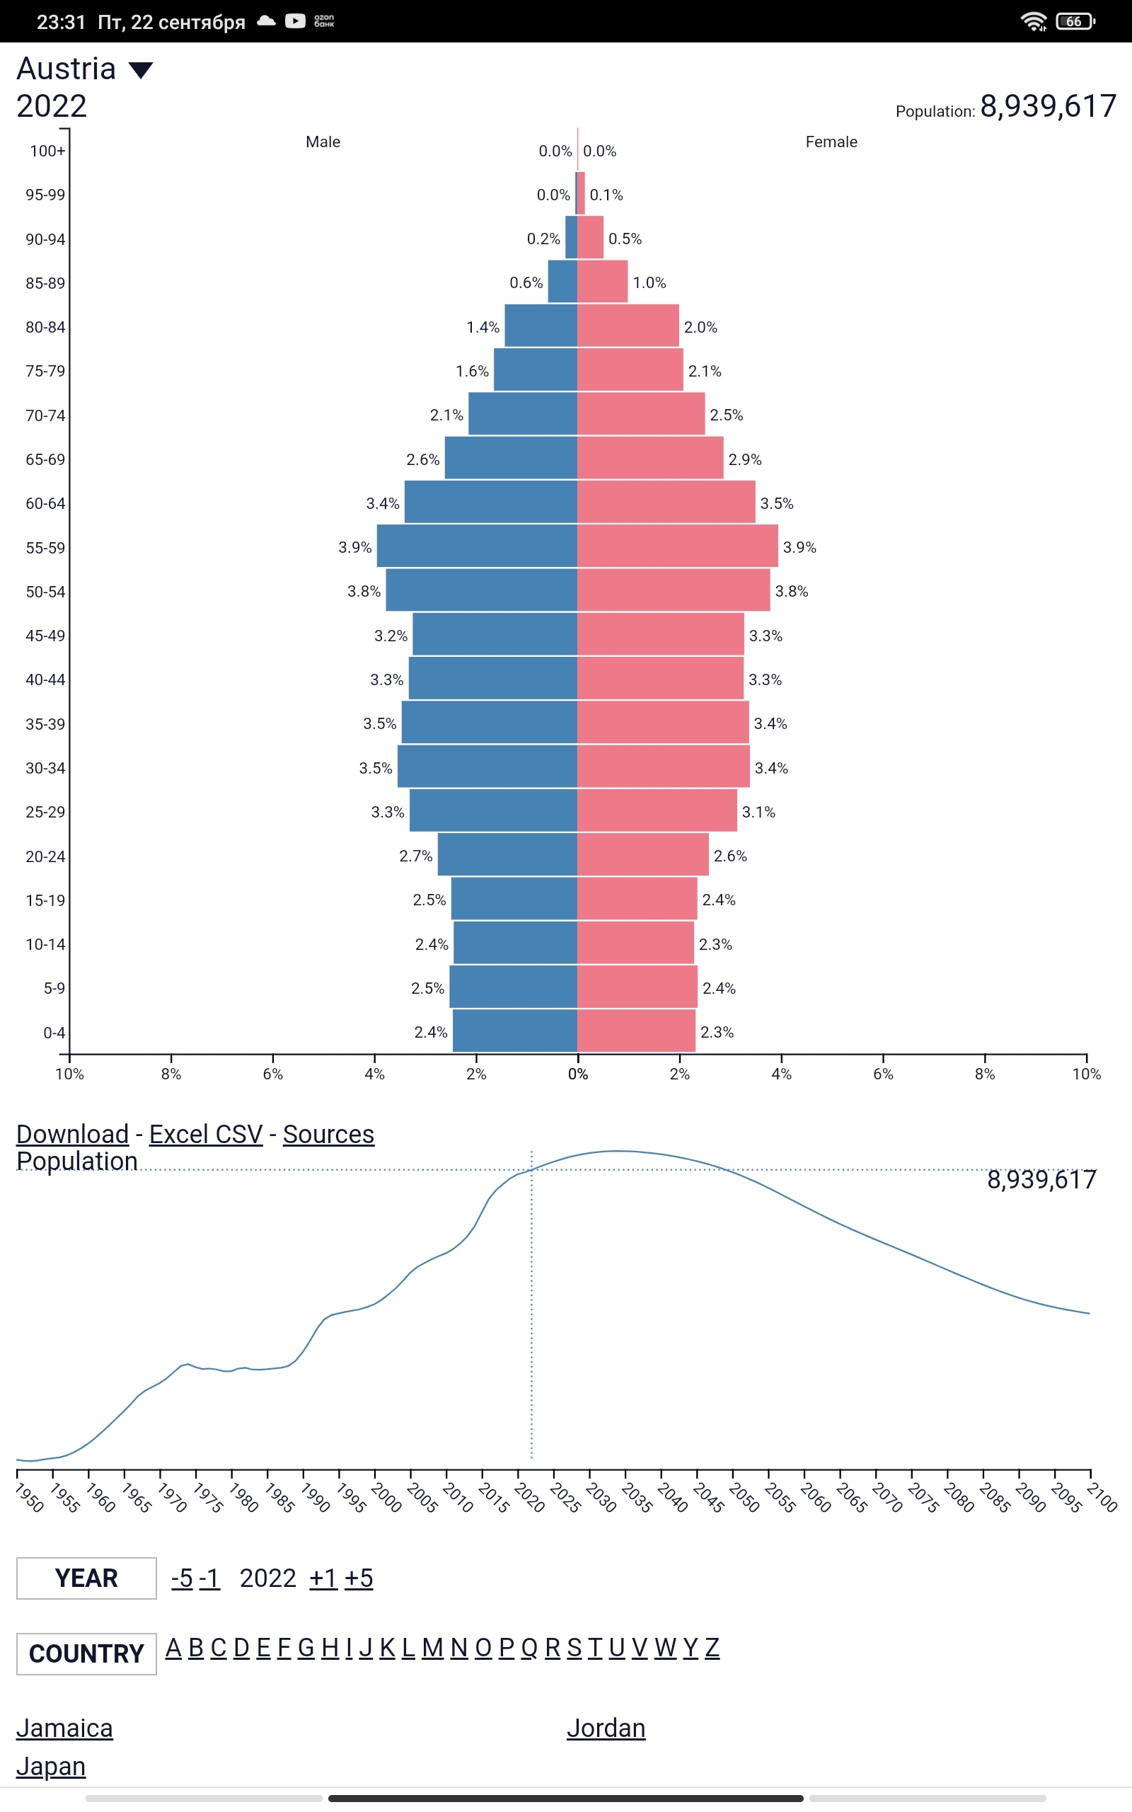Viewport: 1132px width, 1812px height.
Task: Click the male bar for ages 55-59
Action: click(477, 546)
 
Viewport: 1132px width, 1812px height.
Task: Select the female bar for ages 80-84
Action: click(628, 326)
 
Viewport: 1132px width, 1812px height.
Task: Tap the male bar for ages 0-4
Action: click(514, 1031)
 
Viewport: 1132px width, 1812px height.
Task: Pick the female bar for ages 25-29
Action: click(657, 810)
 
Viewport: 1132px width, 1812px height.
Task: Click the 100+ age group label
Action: click(47, 151)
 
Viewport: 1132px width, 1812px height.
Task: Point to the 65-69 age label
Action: click(46, 460)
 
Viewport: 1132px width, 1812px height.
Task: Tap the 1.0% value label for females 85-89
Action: click(649, 283)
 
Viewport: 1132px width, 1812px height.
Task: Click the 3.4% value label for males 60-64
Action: click(383, 503)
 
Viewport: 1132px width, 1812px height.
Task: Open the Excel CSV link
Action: click(206, 1135)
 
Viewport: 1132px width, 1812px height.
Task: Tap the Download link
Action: click(73, 1135)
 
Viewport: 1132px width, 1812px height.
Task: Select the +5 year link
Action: click(359, 1578)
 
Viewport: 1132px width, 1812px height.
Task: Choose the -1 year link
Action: click(209, 1578)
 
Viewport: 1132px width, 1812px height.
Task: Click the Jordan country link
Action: click(606, 1728)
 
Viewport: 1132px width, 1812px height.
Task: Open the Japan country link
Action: click(51, 1766)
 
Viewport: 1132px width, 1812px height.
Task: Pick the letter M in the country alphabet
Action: click(432, 1648)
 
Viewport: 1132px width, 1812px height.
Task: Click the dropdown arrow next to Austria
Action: click(141, 70)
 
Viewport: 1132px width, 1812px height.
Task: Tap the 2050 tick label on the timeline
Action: click(744, 1498)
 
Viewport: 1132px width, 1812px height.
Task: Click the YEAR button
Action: click(86, 1578)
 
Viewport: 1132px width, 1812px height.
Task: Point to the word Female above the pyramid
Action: click(831, 142)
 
